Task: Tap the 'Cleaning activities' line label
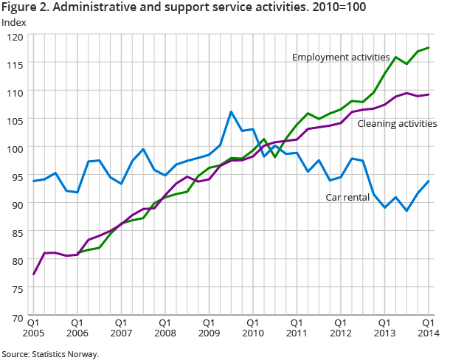pos(397,123)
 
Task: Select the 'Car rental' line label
pos(348,197)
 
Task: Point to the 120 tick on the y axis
pos(15,36)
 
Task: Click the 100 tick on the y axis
pos(15,148)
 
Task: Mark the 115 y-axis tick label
pos(15,64)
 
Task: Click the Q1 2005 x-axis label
pos(34,328)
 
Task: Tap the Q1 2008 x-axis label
pos(165,328)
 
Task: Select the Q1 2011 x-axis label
pos(296,328)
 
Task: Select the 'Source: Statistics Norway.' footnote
pos(49,354)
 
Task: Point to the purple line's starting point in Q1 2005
pos(34,274)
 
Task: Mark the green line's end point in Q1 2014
pos(429,48)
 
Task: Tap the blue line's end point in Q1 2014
pos(429,181)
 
